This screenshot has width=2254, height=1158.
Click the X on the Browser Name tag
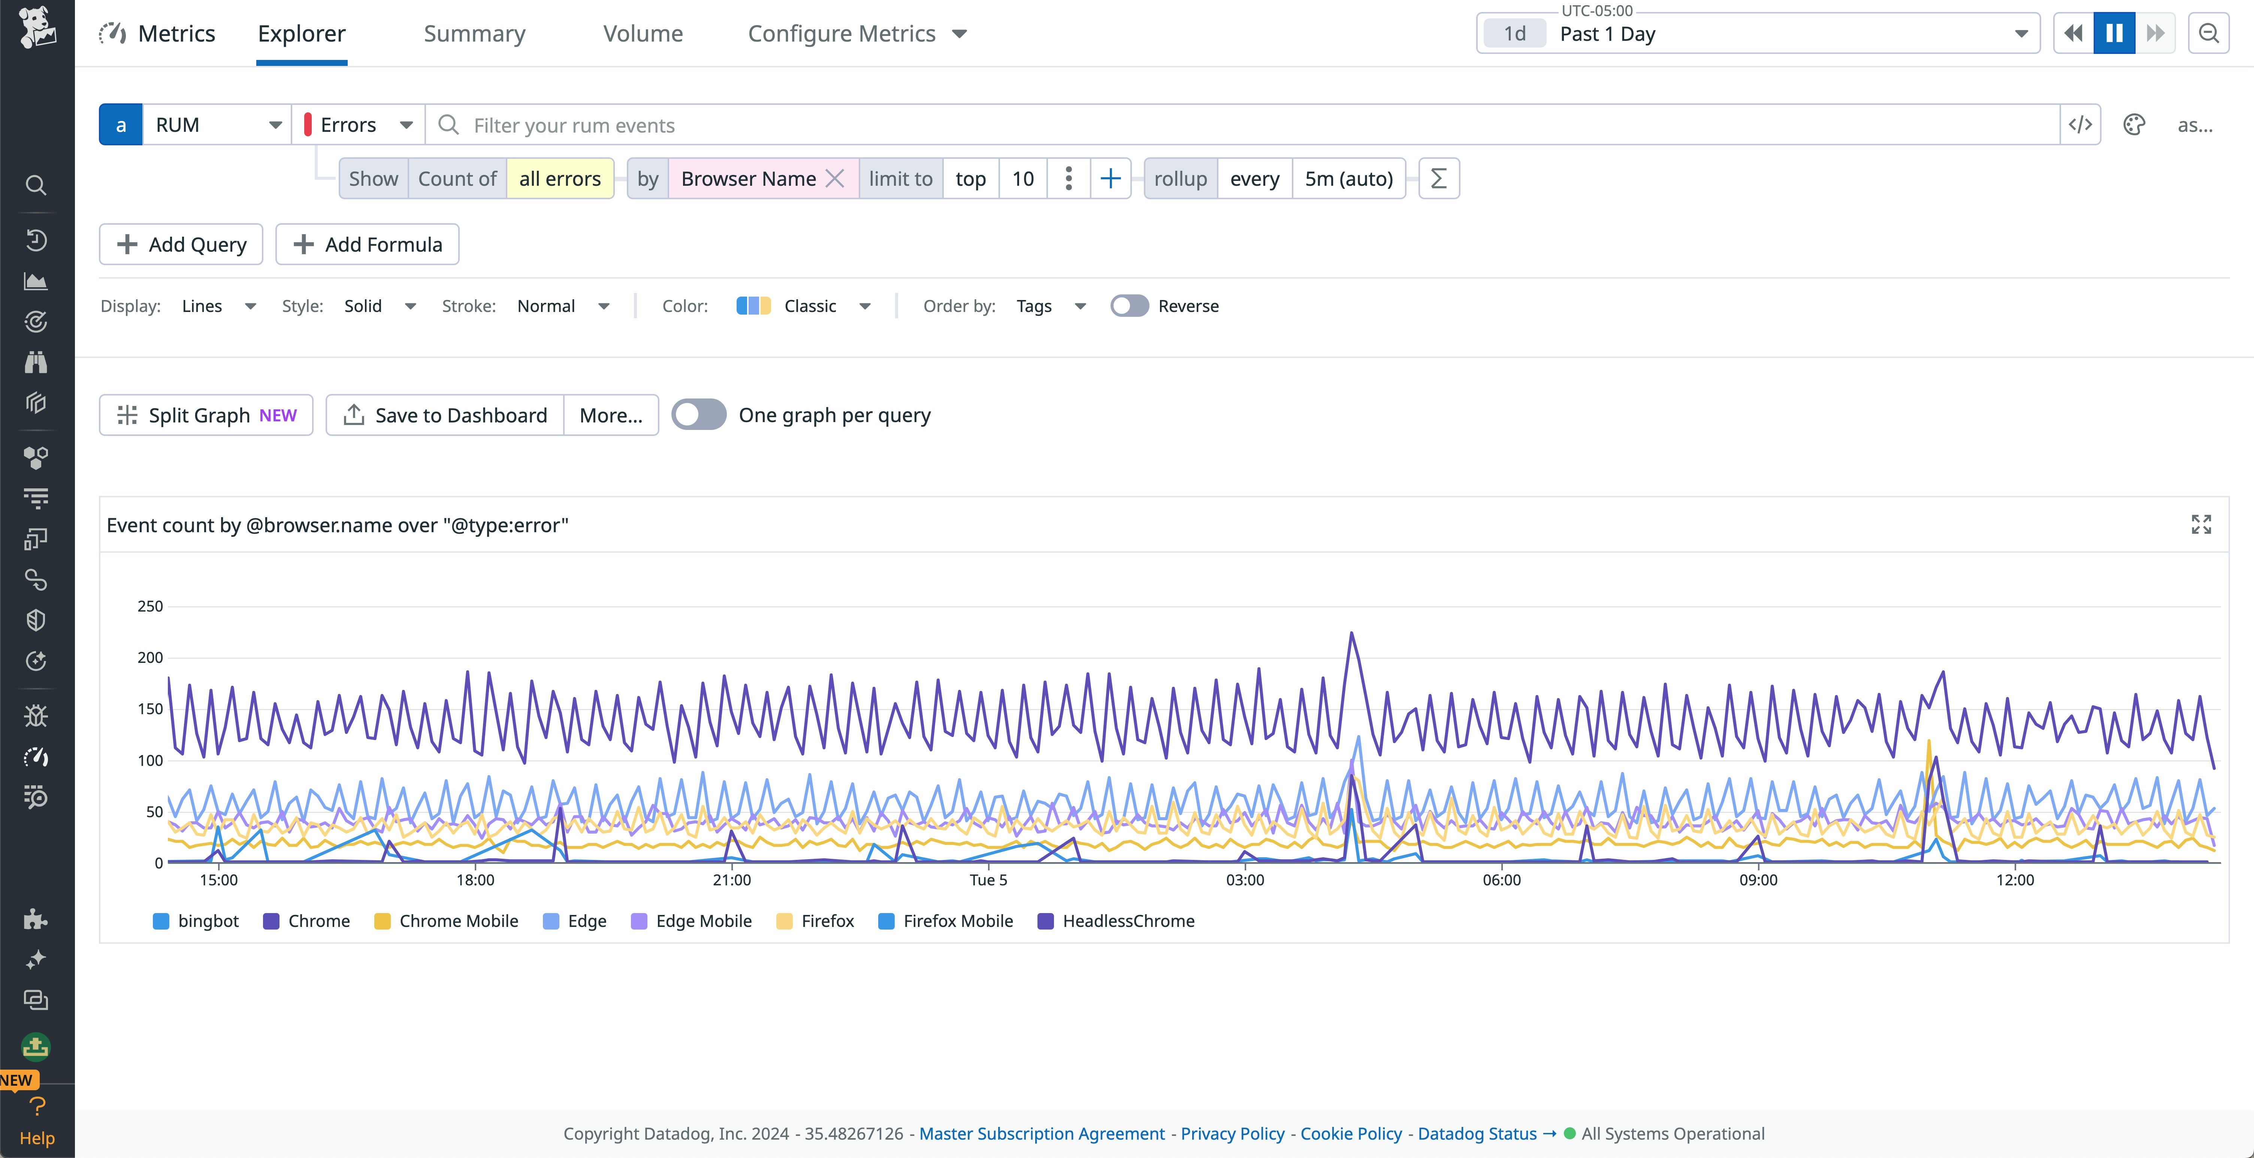(x=835, y=178)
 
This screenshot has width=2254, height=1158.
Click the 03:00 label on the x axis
(x=1244, y=880)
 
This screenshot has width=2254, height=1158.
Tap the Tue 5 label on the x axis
(x=988, y=880)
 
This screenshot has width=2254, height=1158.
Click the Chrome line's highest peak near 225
(x=1351, y=633)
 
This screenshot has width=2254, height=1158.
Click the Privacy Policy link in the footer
(x=1232, y=1134)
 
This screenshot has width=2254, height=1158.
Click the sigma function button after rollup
(x=1438, y=178)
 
